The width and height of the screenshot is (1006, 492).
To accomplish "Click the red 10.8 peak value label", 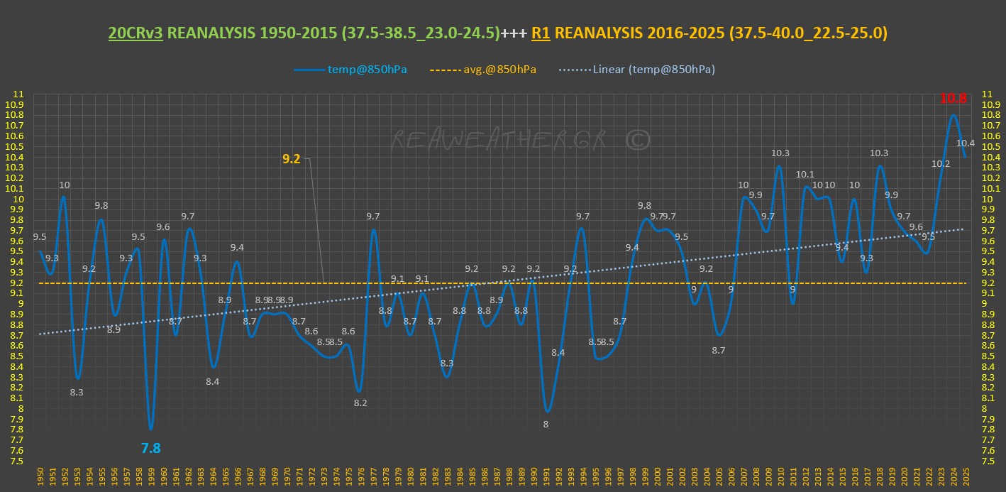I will (x=953, y=99).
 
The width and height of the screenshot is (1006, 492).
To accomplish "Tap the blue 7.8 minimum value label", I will (x=150, y=448).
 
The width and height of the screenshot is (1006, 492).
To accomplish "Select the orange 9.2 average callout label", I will (x=292, y=159).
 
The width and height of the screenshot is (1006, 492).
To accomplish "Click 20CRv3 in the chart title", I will (x=136, y=33).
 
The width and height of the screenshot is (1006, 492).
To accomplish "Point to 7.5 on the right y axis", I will (x=987, y=461).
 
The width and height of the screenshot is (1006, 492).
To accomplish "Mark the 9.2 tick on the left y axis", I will (x=18, y=283).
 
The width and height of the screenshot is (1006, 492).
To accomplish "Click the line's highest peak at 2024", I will (x=953, y=115).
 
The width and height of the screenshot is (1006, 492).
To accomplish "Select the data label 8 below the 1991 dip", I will (x=546, y=424).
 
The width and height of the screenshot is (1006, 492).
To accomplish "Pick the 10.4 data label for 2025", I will (x=966, y=143).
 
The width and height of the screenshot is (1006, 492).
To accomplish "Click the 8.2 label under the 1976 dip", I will (x=360, y=403).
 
